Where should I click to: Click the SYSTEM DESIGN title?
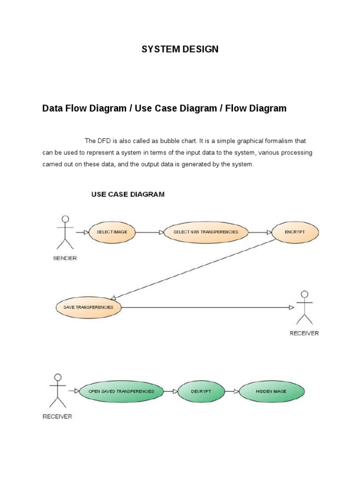pos(180,49)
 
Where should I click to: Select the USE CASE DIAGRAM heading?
pos(127,194)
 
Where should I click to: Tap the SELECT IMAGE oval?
pos(112,232)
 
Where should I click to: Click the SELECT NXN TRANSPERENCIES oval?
pos(205,232)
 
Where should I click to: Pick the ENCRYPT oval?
pos(295,232)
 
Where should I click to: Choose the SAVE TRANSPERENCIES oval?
pos(88,307)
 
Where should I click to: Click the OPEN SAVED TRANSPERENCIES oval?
pos(121,391)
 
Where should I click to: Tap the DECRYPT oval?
pos(201,391)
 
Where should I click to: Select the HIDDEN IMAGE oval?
pos(271,391)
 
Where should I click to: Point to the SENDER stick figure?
pos(65,232)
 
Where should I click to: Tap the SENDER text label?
pos(65,258)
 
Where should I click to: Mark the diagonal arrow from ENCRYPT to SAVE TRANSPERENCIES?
pos(192,269)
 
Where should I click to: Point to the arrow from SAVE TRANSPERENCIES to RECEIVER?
pos(206,307)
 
